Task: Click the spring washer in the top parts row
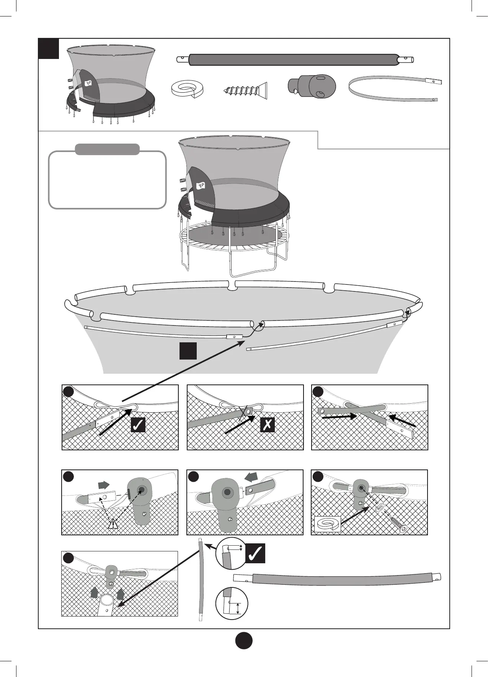coord(187,90)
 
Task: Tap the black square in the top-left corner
coord(49,49)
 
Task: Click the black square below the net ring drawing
coord(188,351)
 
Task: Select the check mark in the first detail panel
coord(138,425)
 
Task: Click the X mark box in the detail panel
coord(267,425)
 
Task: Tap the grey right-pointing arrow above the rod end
coord(104,485)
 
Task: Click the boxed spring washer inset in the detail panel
coord(327,524)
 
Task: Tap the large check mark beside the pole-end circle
coord(255,553)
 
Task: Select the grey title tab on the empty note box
coord(107,149)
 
